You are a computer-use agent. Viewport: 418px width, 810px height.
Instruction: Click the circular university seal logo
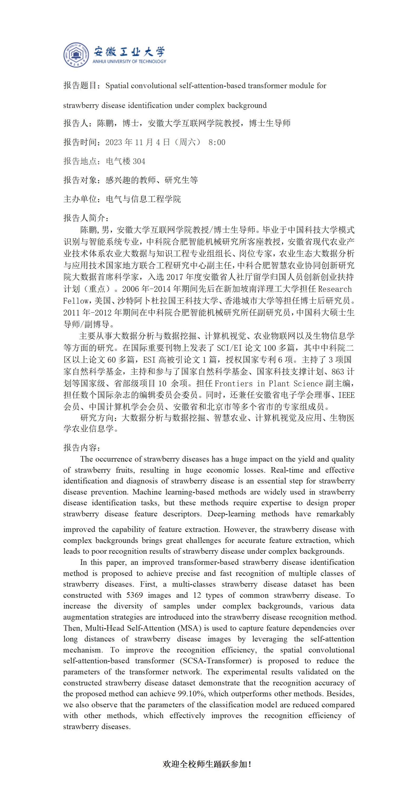76,55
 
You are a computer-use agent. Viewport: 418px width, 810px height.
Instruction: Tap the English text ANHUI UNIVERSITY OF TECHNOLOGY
129,62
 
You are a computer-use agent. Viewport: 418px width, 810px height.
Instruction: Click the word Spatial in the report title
117,86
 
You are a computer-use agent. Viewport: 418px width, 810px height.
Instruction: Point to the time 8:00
217,142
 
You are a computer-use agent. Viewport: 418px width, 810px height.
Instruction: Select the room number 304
139,161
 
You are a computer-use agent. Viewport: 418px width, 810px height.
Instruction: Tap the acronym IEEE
346,395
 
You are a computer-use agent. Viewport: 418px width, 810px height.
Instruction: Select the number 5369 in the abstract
134,595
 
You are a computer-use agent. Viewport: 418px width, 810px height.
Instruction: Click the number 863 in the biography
337,372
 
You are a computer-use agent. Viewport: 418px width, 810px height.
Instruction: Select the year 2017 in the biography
175,277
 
